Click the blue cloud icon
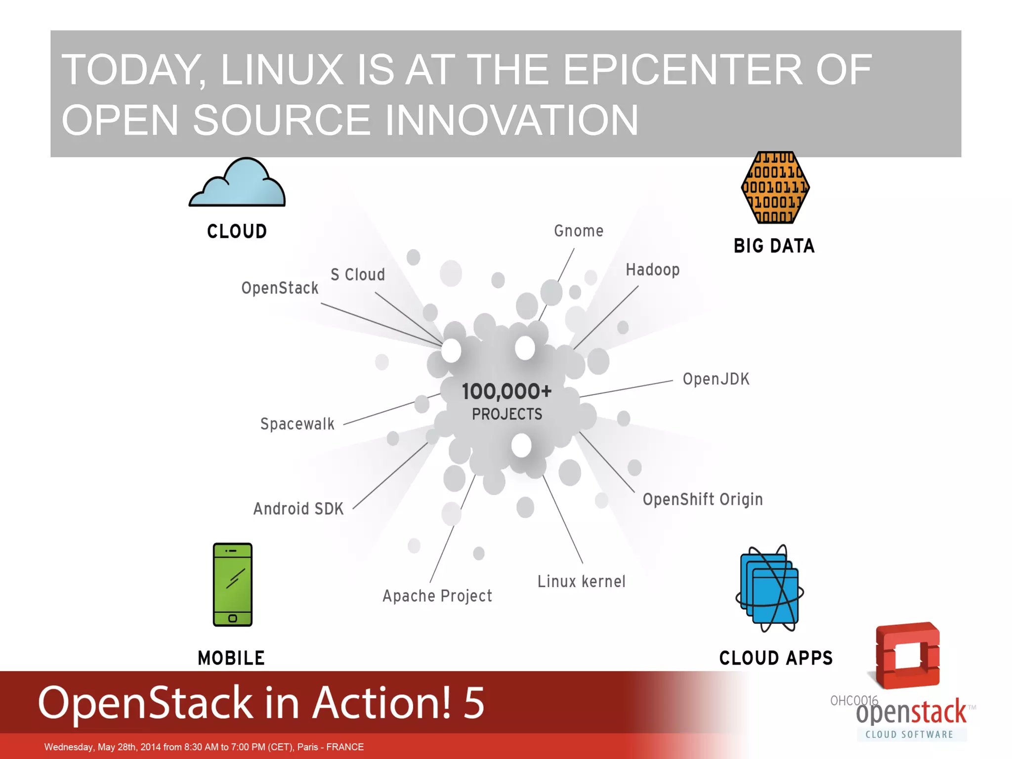tap(237, 184)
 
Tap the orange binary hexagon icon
tap(775, 188)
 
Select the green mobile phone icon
tap(232, 585)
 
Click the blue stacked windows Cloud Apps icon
tap(769, 589)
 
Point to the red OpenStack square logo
tap(907, 655)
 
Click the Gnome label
tap(579, 231)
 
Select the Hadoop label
tap(652, 270)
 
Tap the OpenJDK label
tap(716, 379)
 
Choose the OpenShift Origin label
tap(702, 499)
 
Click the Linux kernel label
tap(581, 581)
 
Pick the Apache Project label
tap(437, 596)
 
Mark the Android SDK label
tap(298, 508)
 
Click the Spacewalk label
tap(297, 424)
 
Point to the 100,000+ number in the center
tap(506, 391)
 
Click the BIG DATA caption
tap(774, 246)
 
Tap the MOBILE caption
tap(231, 658)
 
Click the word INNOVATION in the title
tap(511, 120)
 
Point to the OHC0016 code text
tap(854, 700)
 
